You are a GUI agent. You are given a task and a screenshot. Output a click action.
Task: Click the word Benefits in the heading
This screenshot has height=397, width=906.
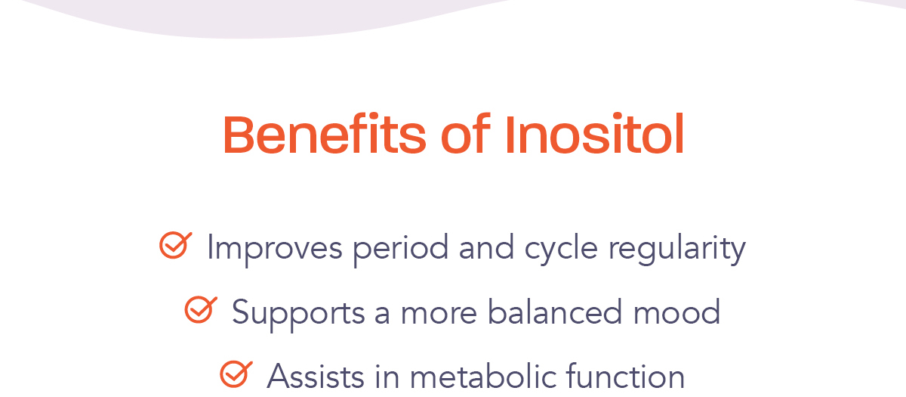(x=325, y=134)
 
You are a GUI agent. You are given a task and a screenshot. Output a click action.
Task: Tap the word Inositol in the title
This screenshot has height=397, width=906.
(x=595, y=134)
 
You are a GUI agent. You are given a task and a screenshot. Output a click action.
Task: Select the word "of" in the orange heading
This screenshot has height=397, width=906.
(x=466, y=134)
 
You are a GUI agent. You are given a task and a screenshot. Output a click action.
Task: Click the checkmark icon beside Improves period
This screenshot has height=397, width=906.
(x=175, y=245)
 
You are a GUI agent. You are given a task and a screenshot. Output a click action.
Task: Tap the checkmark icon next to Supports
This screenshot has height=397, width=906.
(x=201, y=309)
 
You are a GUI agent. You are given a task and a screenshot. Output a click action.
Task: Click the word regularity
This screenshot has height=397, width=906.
(x=677, y=249)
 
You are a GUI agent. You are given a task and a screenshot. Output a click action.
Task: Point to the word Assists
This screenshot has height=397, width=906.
(x=316, y=377)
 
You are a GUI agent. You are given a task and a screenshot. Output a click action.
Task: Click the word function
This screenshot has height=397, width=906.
(x=625, y=376)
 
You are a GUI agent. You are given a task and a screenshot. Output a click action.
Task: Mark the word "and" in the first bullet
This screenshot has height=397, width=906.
(x=486, y=247)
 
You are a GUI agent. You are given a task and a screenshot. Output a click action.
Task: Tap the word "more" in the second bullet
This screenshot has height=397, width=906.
(x=439, y=315)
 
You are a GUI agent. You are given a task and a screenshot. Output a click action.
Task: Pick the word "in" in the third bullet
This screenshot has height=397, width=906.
(x=387, y=377)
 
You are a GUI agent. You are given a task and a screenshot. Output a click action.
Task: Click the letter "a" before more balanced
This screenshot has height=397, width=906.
(x=382, y=315)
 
